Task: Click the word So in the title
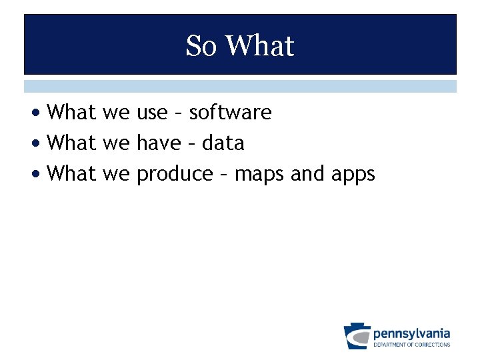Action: (202, 46)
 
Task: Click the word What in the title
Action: (260, 46)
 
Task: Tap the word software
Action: (230, 113)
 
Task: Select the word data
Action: (223, 143)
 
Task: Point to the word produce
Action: (174, 175)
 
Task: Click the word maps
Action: (259, 175)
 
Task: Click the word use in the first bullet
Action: (152, 113)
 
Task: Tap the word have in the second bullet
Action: (158, 143)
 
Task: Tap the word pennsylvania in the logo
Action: (411, 333)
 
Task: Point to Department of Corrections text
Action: (411, 345)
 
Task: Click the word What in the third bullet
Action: (73, 174)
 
